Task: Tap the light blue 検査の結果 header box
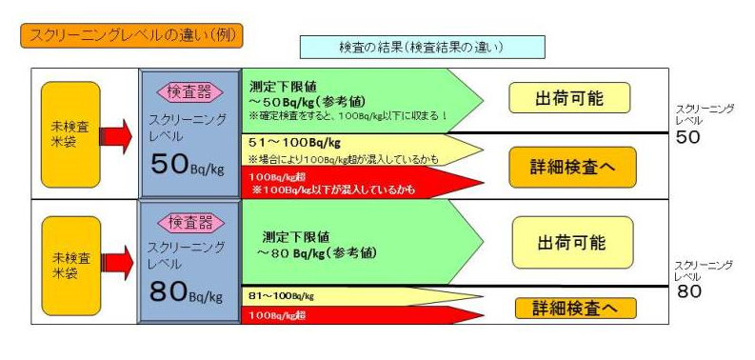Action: coord(422,47)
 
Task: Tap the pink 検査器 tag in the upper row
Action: coord(189,92)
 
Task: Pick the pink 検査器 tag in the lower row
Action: coord(189,223)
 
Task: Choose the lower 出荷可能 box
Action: coord(571,242)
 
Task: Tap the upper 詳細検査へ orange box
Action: coord(571,167)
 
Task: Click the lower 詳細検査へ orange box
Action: coord(575,309)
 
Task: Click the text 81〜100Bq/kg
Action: coord(281,296)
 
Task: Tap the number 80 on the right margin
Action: coord(688,291)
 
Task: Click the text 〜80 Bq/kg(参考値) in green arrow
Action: coord(317,253)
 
